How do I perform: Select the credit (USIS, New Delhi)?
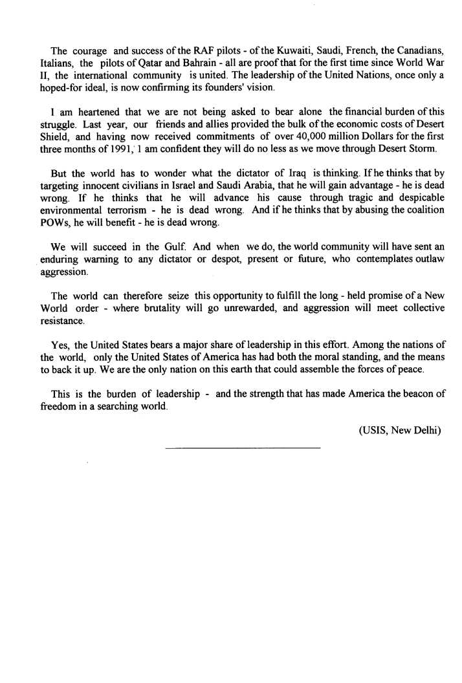coord(399,429)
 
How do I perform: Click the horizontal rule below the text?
coord(243,448)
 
